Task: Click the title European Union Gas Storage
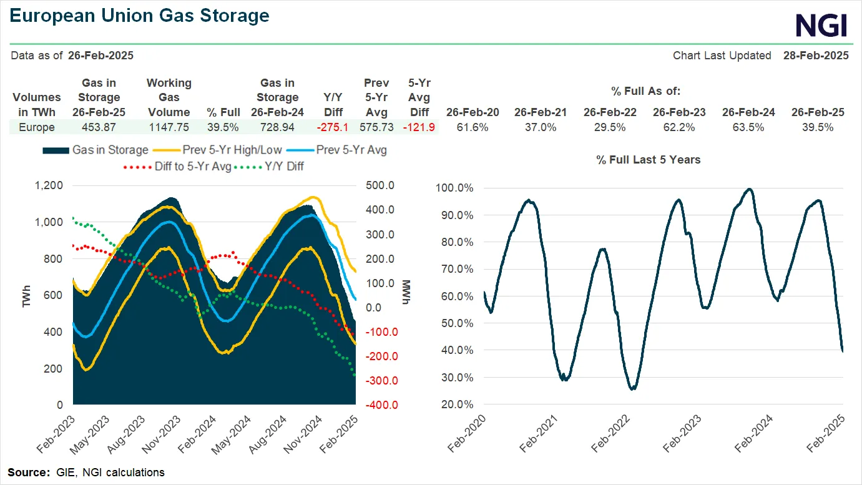(x=140, y=16)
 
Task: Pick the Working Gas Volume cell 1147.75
(x=169, y=127)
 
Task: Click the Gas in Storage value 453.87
(x=99, y=127)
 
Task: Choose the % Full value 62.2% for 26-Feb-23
(x=679, y=127)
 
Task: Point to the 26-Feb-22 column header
(x=610, y=112)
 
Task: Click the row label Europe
(x=36, y=127)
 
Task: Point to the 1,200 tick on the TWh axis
(x=49, y=185)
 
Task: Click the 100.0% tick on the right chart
(x=456, y=188)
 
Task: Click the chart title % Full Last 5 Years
(x=648, y=160)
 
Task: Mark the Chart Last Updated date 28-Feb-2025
(x=816, y=56)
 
